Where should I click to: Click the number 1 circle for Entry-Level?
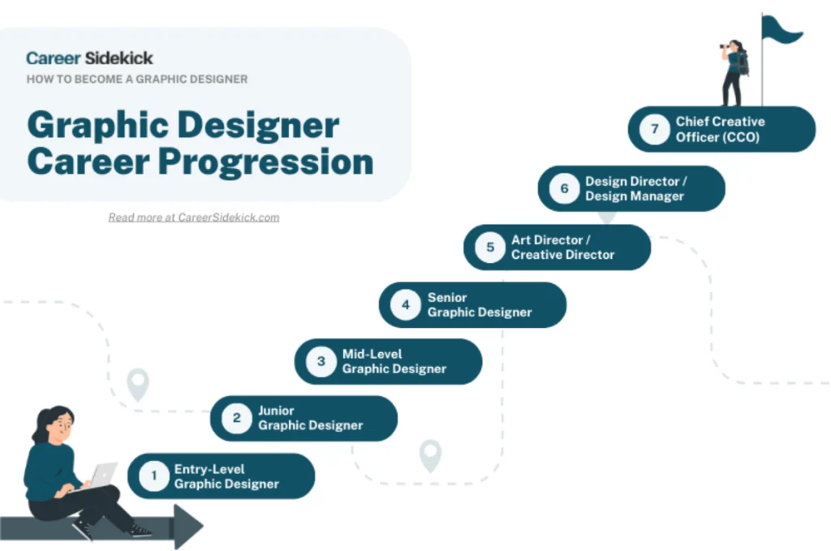pyautogui.click(x=153, y=476)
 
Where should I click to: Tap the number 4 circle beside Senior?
pyautogui.click(x=405, y=305)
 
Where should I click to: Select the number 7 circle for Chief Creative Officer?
pyautogui.click(x=653, y=129)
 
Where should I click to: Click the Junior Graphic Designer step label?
pyautogui.click(x=310, y=418)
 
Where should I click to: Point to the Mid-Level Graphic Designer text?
pyautogui.click(x=394, y=361)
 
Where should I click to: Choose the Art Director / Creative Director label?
pyautogui.click(x=562, y=248)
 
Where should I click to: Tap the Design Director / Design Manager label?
pyautogui.click(x=636, y=189)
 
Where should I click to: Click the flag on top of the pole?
pyautogui.click(x=781, y=31)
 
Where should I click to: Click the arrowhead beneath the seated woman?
pyautogui.click(x=187, y=527)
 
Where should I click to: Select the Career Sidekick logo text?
pyautogui.click(x=89, y=58)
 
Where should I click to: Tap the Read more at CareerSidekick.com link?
pyautogui.click(x=194, y=217)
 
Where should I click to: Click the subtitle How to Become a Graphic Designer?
pyautogui.click(x=137, y=80)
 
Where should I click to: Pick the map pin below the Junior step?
pyautogui.click(x=430, y=454)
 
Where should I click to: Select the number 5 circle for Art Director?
pyautogui.click(x=490, y=247)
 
